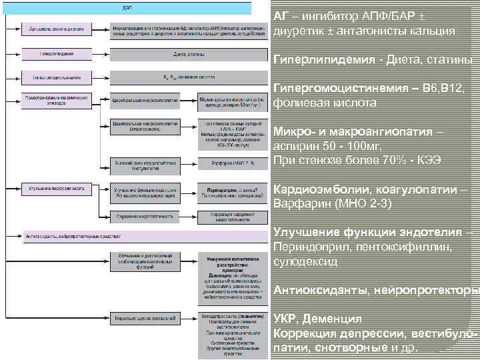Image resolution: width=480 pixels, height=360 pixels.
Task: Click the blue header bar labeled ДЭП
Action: [x=127, y=7]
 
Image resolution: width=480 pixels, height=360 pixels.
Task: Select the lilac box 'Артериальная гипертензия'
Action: [x=56, y=29]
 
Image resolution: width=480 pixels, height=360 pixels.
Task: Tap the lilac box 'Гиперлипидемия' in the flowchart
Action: [x=56, y=53]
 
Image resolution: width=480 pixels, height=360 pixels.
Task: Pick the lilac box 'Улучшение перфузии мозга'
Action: [x=56, y=189]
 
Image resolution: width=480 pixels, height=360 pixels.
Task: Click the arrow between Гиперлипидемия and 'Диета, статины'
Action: [x=100, y=53]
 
